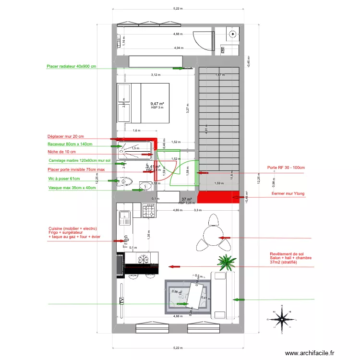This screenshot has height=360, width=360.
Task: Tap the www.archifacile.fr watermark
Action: point(309,353)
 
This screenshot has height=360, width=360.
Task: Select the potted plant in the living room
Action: point(226,262)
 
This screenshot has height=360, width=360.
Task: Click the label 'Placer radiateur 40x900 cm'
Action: point(71,67)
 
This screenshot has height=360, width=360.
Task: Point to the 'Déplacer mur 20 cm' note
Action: point(65,136)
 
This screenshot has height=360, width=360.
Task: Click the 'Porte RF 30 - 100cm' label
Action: point(287,168)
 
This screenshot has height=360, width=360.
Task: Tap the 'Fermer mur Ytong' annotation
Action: point(285,193)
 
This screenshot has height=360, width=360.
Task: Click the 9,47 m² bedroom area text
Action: point(157,104)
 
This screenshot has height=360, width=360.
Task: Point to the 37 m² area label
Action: point(186,199)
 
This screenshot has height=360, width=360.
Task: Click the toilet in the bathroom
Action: point(126,181)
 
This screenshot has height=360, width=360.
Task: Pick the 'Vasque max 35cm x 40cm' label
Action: point(72,188)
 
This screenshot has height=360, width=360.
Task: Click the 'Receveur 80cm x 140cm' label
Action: point(70,144)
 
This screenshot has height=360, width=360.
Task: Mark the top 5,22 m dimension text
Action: point(178,8)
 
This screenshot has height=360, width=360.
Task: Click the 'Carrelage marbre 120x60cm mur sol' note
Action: point(80,161)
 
